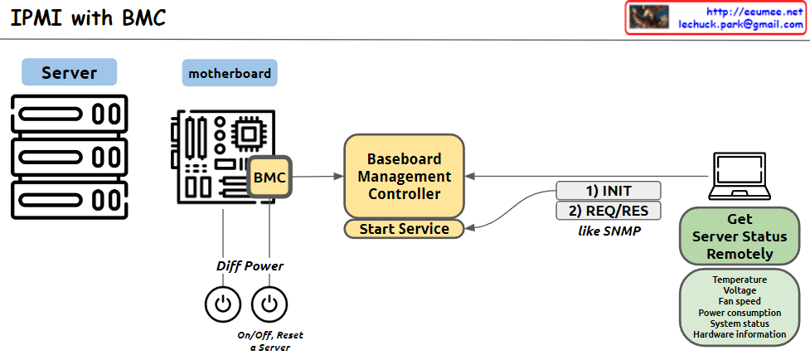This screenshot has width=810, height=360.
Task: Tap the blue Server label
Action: [x=69, y=72]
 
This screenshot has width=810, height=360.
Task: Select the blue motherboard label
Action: [x=230, y=73]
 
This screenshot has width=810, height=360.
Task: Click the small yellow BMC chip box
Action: [x=269, y=177]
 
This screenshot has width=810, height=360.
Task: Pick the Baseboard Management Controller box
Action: [x=404, y=176]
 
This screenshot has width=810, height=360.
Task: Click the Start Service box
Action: [x=404, y=228]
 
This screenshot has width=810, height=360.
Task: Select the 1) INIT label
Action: [x=608, y=191]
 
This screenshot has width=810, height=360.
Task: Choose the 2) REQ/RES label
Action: [x=608, y=211]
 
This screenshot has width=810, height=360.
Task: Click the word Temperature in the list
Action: [x=740, y=280]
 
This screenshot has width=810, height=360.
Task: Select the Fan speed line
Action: [x=740, y=302]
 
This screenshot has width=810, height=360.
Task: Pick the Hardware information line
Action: [x=740, y=334]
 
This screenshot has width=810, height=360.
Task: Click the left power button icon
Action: [x=223, y=304]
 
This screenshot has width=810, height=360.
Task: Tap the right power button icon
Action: [x=269, y=304]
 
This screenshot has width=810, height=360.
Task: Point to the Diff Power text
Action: [x=250, y=266]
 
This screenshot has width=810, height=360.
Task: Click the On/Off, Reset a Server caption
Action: [x=269, y=341]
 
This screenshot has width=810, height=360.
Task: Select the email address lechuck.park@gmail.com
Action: [x=740, y=25]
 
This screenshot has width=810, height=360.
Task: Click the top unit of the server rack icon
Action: [x=69, y=114]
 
